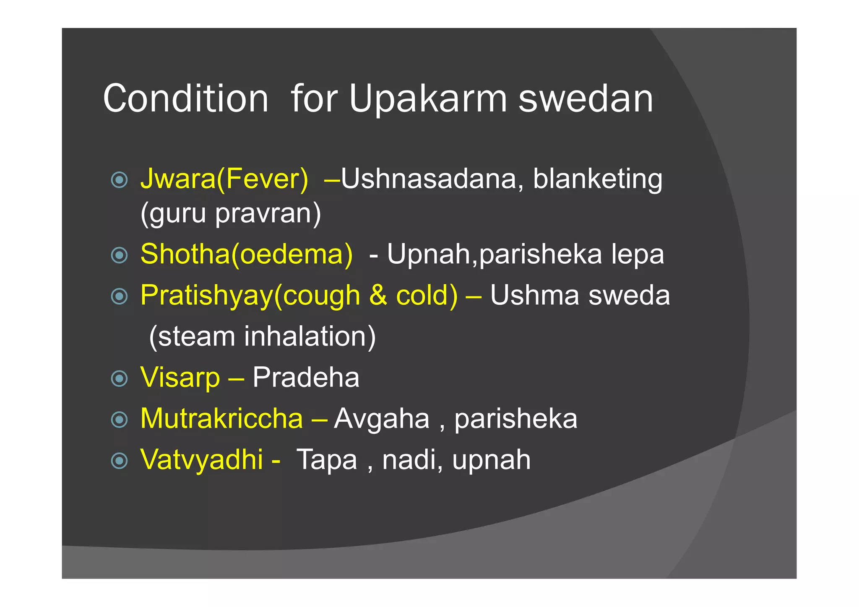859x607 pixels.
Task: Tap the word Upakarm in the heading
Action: tap(428, 99)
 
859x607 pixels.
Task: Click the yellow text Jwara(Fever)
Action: tap(224, 179)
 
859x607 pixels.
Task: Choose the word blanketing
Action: tap(597, 179)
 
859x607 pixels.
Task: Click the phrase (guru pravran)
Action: tap(231, 213)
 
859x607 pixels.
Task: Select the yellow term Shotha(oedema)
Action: tap(247, 254)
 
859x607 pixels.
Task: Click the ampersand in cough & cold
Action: tap(378, 295)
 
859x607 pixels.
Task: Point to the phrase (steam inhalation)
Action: tap(263, 336)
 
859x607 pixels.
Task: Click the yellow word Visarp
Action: tap(180, 377)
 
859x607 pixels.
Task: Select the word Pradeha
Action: tap(306, 377)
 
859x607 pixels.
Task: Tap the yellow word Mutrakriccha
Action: tap(221, 418)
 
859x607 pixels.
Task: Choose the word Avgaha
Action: tap(382, 418)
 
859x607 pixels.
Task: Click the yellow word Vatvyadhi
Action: tap(202, 459)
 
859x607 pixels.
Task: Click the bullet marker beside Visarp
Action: tap(120, 379)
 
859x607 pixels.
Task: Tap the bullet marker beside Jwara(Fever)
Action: tap(120, 180)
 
